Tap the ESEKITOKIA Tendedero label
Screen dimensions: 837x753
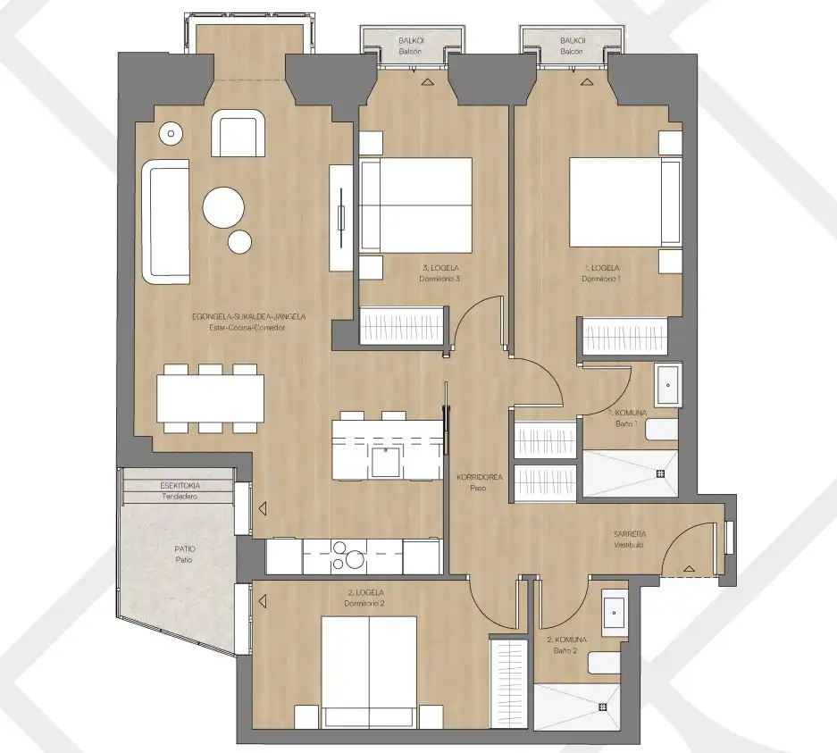tap(180, 491)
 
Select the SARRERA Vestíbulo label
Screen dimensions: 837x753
tap(630, 539)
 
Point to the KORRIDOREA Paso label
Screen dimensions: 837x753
tap(480, 482)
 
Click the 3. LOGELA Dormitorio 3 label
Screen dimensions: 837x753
tap(439, 273)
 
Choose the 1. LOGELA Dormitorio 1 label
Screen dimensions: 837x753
tap(601, 273)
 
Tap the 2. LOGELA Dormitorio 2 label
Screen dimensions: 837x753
tap(365, 598)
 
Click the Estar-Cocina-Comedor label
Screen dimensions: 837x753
tap(247, 328)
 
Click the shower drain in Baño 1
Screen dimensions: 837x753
tap(660, 473)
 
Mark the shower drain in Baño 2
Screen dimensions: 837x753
tap(603, 707)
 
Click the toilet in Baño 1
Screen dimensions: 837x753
tap(662, 430)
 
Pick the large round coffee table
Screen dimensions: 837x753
tap(223, 207)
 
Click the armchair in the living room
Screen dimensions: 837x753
tap(239, 133)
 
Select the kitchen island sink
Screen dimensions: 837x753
tap(386, 462)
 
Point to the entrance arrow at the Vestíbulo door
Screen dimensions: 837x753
tap(689, 569)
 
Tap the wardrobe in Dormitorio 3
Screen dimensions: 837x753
tap(403, 325)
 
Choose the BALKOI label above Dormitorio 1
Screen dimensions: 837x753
tap(573, 40)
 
